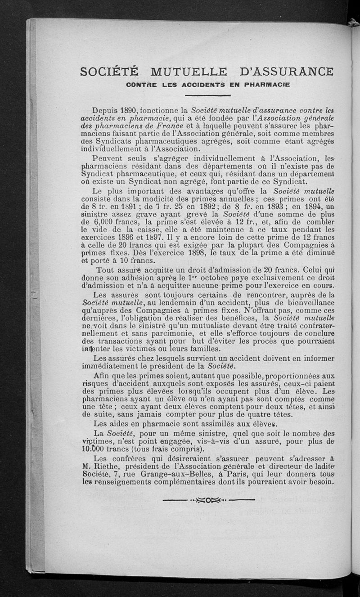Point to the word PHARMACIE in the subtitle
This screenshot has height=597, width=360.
click(x=261, y=84)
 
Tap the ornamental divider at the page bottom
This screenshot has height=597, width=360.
click(x=208, y=499)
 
